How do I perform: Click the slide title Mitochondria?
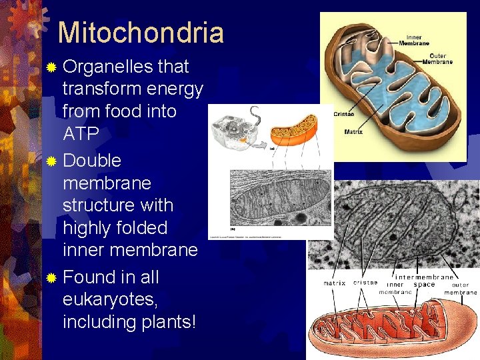coord(141,32)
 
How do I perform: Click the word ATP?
coord(81,134)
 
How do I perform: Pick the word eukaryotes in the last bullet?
coord(110,299)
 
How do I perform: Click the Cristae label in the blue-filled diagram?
coord(344,114)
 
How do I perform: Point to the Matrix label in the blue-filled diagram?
coord(353,132)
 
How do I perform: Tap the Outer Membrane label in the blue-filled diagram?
coord(441,59)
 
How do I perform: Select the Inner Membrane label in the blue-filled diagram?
coord(413,39)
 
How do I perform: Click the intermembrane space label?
coord(425,281)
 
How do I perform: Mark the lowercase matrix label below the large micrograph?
coord(335,283)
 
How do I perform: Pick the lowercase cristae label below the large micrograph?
coord(365,283)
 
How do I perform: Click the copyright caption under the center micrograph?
coord(245,237)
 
